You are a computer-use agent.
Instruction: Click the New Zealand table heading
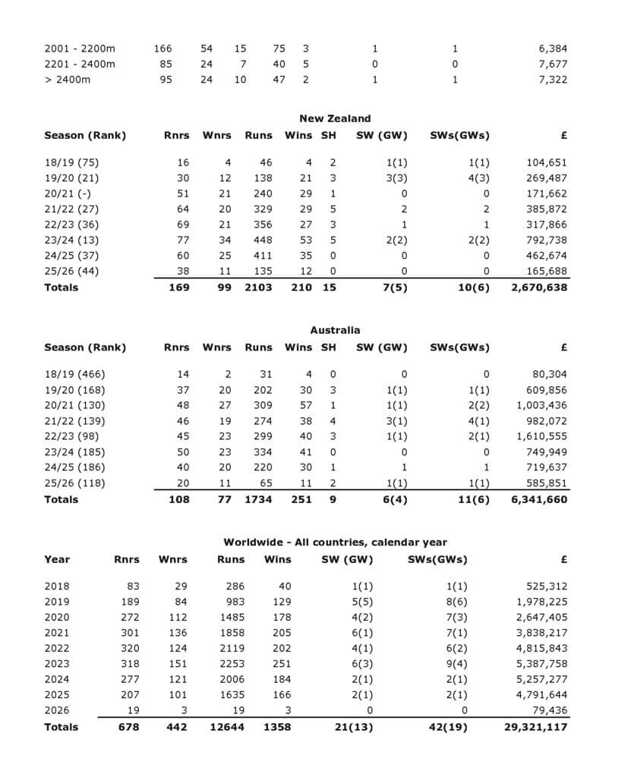pyautogui.click(x=335, y=118)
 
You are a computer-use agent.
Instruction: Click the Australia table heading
pyautogui.click(x=335, y=330)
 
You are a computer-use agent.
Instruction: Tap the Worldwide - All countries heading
pyautogui.click(x=335, y=543)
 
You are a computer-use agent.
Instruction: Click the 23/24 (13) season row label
pyautogui.click(x=71, y=241)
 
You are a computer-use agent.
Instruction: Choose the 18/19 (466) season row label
pyautogui.click(x=74, y=374)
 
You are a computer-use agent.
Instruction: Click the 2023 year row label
pyautogui.click(x=56, y=664)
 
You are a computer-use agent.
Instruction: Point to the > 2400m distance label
pyautogui.click(x=68, y=80)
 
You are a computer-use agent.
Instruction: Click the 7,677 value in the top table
pyautogui.click(x=553, y=64)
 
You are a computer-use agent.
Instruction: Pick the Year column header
pyautogui.click(x=57, y=559)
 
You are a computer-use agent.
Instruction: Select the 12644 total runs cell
pyautogui.click(x=228, y=727)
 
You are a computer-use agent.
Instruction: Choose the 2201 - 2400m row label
pyautogui.click(x=80, y=64)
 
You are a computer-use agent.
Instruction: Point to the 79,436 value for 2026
pyautogui.click(x=549, y=711)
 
